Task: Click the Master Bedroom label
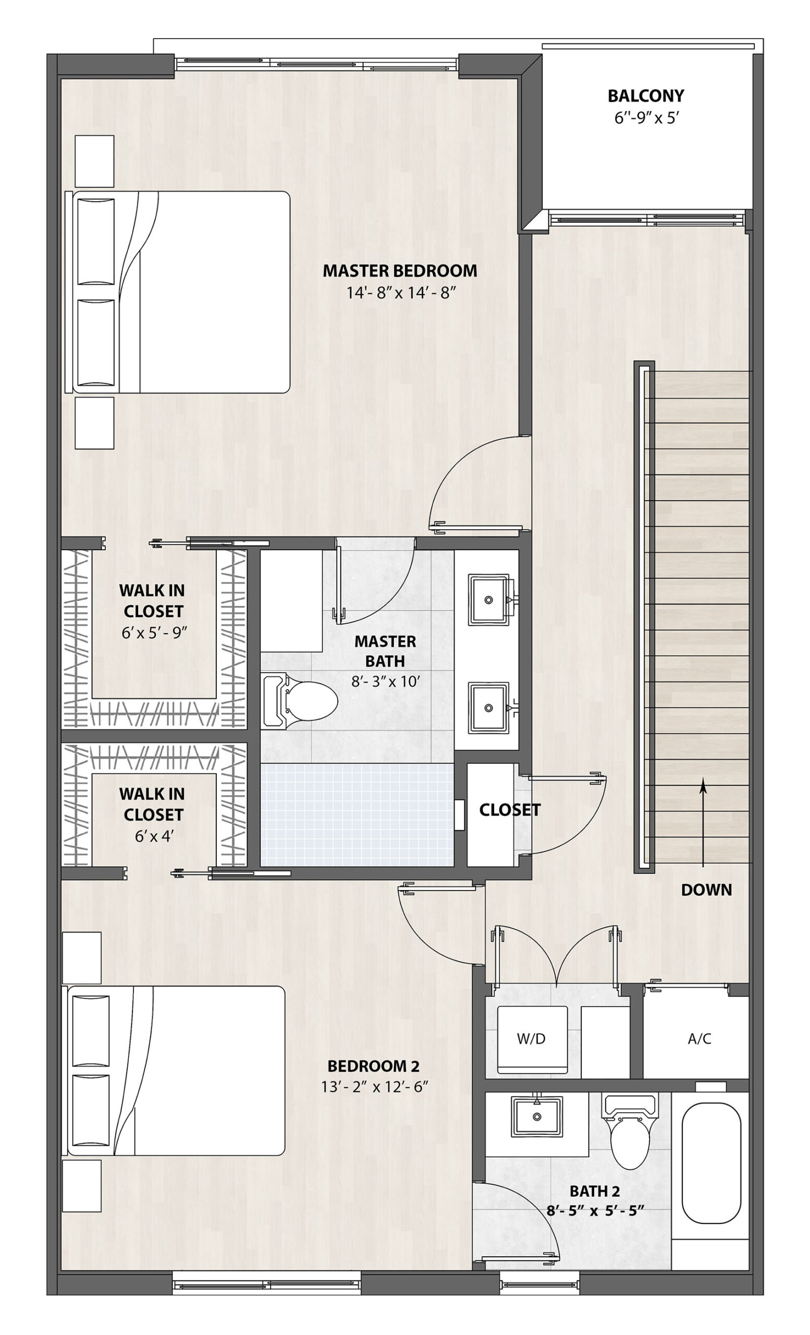[400, 270]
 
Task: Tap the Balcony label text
[645, 96]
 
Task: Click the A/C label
[699, 1039]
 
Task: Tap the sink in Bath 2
[536, 1116]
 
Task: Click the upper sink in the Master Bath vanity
[489, 600]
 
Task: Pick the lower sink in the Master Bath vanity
[489, 707]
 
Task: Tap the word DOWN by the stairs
[706, 890]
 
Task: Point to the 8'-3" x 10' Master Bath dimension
[386, 681]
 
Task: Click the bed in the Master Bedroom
[178, 292]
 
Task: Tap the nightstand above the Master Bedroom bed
[94, 161]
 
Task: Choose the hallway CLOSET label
[509, 809]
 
